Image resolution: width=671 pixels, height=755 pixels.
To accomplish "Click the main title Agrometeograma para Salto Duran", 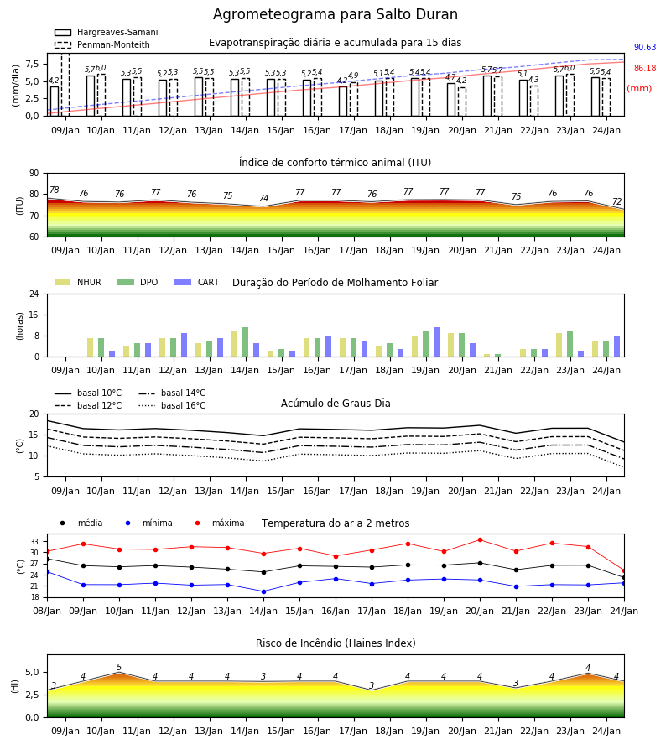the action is pos(335,14).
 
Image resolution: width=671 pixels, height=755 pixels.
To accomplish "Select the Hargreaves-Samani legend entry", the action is pos(107,32).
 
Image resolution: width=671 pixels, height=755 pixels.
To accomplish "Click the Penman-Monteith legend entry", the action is pos(102,44).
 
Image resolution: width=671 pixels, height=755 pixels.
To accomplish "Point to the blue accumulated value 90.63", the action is pos(645,47).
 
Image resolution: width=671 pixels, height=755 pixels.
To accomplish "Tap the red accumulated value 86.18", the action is pos(645,69).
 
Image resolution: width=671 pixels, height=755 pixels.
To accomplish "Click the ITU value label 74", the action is pos(263,198).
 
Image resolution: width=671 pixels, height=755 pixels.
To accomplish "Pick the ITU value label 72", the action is pos(617,201).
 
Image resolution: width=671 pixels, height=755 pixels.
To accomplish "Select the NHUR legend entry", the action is pos(78,282).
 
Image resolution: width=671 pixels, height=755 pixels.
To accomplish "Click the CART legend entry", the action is pos(197,282).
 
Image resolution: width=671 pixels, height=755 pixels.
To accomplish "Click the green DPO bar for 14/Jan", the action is pos(246,342).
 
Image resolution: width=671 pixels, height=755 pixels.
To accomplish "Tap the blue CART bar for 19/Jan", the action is pos(437,342).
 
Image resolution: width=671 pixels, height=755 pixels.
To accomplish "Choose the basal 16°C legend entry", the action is pos(172,405).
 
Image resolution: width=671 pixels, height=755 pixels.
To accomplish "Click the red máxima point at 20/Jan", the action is pos(480,539).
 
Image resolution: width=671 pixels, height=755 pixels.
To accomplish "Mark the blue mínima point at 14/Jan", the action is pos(263,591).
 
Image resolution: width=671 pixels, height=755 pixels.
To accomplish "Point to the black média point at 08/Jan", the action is pos(48,559).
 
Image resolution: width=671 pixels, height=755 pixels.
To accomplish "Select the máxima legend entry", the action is pos(216,523).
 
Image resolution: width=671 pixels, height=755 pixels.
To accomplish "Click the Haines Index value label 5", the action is pos(119,668).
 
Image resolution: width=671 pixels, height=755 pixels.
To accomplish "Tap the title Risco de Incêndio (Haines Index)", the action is pos(335,643).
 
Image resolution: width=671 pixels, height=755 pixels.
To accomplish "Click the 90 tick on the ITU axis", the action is pos(34,174).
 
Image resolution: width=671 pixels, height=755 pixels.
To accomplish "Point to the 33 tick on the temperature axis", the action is pos(34,542).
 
